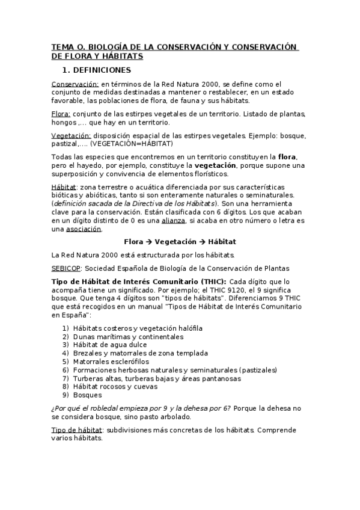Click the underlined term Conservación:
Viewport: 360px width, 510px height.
click(75, 84)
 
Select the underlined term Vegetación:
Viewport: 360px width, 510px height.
click(71, 135)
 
